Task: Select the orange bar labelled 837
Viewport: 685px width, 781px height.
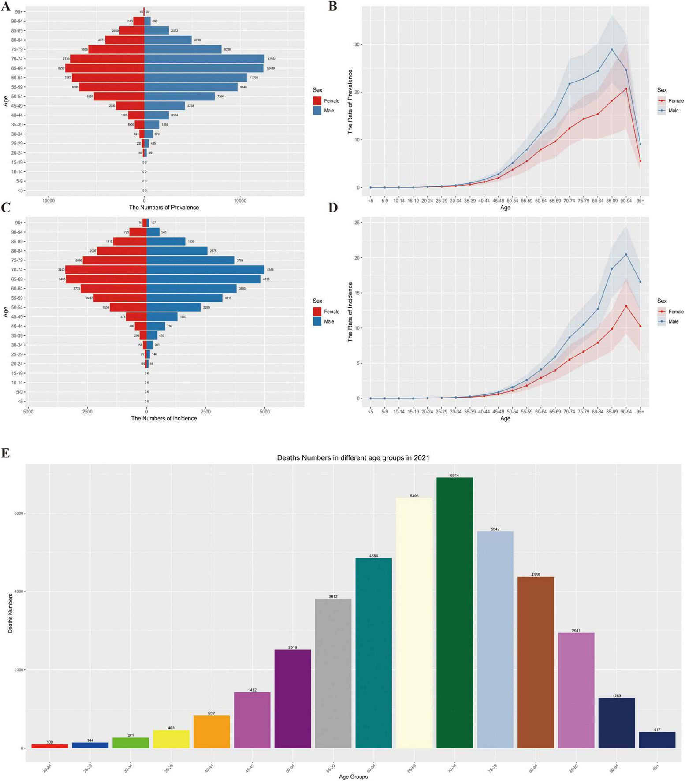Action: [x=212, y=732]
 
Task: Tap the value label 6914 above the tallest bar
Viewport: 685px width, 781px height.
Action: [x=454, y=475]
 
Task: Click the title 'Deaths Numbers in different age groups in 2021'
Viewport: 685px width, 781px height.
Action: [x=353, y=457]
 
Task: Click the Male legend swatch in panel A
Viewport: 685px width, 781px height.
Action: [x=317, y=111]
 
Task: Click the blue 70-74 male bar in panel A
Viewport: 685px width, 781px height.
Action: [x=204, y=59]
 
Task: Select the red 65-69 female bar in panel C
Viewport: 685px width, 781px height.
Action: [x=106, y=279]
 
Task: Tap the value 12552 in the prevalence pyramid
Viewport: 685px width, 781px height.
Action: [x=272, y=59]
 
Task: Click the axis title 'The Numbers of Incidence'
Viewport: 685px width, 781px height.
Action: [x=164, y=418]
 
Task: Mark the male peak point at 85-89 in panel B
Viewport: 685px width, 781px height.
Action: [x=612, y=49]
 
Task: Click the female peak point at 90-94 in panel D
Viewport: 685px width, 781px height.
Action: [x=626, y=306]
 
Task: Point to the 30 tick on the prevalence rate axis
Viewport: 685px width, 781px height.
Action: [x=357, y=45]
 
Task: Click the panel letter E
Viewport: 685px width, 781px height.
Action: [x=5, y=454]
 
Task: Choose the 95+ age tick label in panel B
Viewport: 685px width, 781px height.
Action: [x=640, y=201]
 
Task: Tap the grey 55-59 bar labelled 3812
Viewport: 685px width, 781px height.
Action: [x=333, y=673]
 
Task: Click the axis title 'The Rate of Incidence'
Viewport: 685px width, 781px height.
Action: [x=350, y=312]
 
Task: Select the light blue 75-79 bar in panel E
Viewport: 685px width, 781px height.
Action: [x=495, y=639]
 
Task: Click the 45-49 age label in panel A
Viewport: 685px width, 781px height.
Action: [x=18, y=106]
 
